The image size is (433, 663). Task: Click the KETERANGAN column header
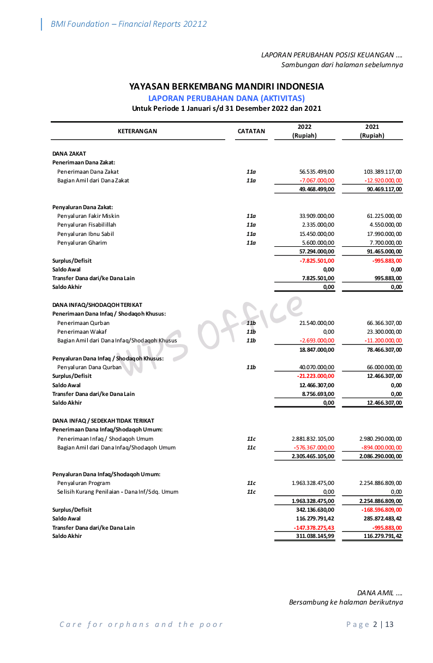coord(137,131)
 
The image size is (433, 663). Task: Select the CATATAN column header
coord(251,131)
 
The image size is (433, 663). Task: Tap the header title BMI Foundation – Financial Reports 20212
coord(129,24)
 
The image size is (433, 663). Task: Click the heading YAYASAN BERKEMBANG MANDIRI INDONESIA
coord(226,86)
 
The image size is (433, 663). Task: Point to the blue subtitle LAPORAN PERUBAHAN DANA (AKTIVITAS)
coord(226,98)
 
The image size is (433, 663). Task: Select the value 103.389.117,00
coord(383,171)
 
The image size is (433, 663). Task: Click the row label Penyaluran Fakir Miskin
coord(88,216)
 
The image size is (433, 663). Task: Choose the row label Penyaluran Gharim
coord(82,242)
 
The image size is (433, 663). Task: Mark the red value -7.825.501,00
coord(317,261)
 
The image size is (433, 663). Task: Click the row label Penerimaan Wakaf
coord(82,331)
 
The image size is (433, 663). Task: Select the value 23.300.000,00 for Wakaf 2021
coord(384,331)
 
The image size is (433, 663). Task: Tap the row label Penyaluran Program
coord(84,483)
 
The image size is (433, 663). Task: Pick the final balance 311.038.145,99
coord(312,536)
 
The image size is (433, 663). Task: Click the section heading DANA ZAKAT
coord(69,153)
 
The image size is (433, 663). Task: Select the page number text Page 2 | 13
coord(370,624)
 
